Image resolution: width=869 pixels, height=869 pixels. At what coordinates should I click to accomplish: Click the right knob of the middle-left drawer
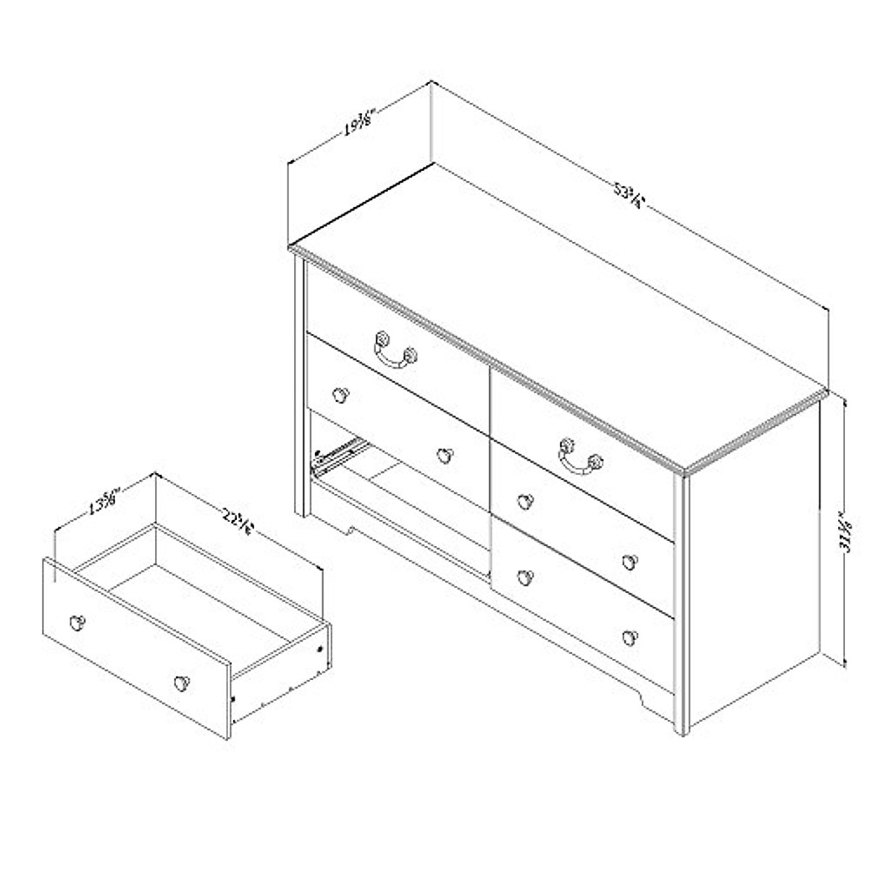coord(444,455)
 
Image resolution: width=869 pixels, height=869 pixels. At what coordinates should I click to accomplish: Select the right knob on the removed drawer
coord(180,682)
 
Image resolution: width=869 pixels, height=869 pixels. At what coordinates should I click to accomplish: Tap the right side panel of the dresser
coord(753,565)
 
